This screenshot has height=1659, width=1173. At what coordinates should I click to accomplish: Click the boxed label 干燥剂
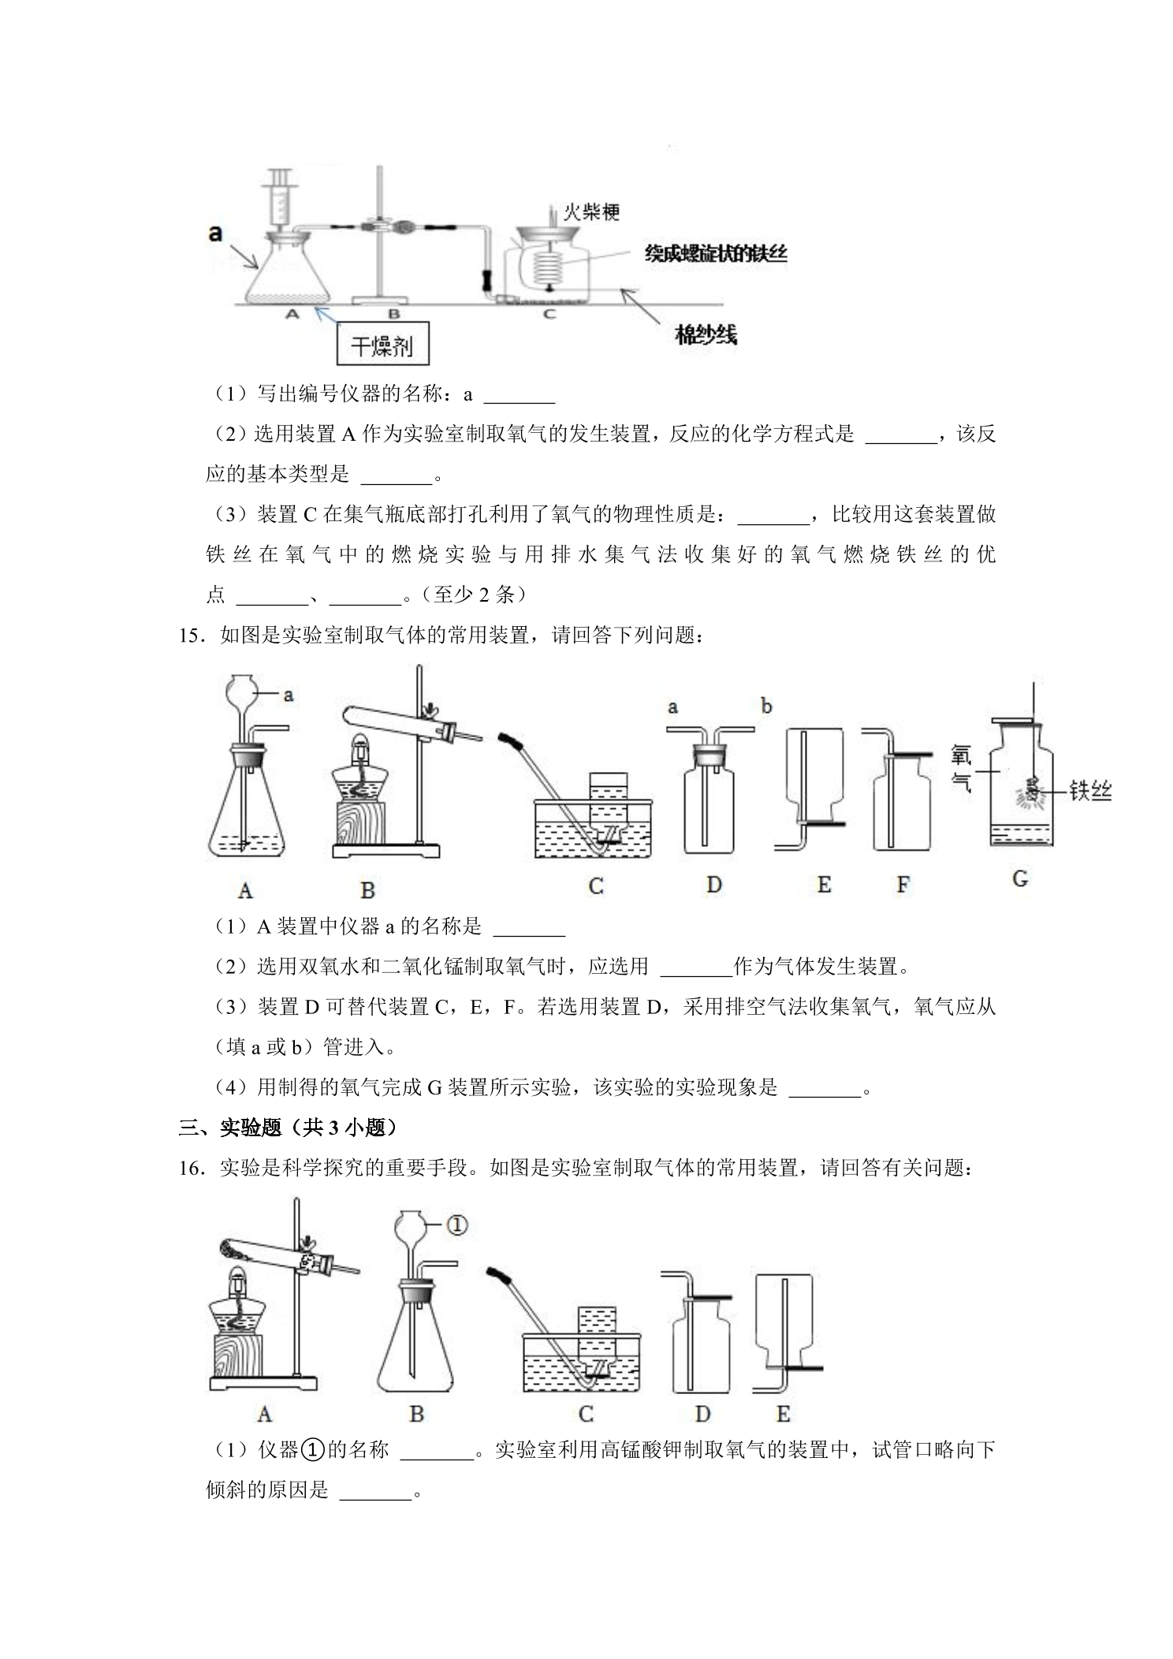[382, 343]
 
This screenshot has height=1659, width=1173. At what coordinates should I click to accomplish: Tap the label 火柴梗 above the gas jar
[591, 211]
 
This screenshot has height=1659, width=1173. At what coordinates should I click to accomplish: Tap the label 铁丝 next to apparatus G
[1090, 790]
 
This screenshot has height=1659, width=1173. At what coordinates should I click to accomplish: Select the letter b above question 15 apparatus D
[766, 706]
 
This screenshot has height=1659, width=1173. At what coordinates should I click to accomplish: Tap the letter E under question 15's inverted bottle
[824, 885]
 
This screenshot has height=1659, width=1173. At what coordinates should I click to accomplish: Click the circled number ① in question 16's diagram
[457, 1225]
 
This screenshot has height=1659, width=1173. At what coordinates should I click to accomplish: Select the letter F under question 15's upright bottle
[903, 885]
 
